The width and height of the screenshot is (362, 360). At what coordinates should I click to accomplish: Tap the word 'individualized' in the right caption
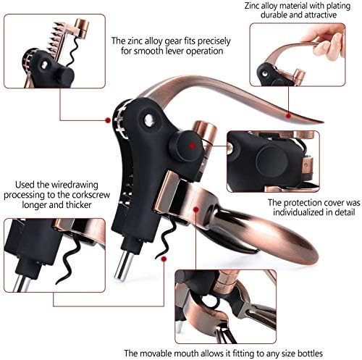288,216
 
